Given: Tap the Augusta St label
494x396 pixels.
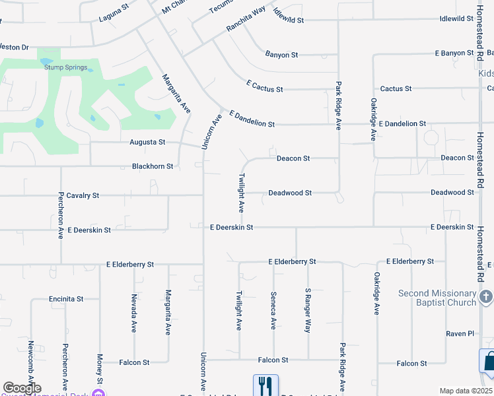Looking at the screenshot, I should (x=147, y=142).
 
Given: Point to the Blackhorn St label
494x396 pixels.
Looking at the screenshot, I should (x=153, y=166).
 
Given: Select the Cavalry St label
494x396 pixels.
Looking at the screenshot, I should (x=83, y=195).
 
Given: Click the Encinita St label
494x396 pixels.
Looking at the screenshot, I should (x=66, y=298).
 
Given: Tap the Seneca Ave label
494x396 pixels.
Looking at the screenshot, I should (x=273, y=310).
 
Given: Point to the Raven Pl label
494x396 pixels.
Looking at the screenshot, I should (x=460, y=333).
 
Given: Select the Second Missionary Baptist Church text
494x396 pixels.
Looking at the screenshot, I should (x=437, y=298).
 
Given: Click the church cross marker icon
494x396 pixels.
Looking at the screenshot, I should (x=486, y=297).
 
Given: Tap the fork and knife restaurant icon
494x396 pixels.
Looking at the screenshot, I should (x=265, y=385).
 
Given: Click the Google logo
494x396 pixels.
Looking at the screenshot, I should (x=22, y=388).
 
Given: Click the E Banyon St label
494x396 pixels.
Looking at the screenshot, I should (x=455, y=53).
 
